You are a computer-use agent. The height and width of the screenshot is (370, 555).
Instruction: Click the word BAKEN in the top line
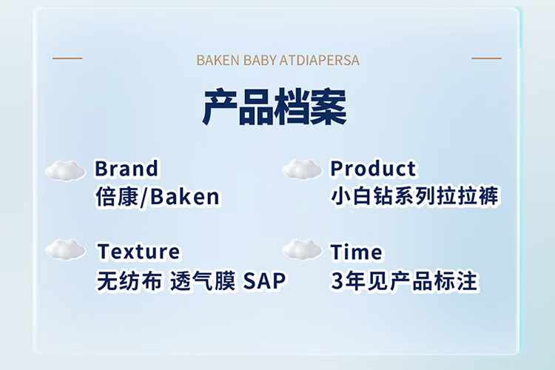tap(218, 60)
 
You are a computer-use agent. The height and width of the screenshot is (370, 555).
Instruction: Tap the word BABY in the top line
tap(260, 60)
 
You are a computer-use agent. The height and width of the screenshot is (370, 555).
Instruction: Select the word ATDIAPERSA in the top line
tap(320, 60)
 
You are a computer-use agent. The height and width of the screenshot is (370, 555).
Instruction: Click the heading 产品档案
tap(275, 107)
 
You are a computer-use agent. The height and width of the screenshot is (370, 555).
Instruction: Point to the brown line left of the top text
tap(67, 58)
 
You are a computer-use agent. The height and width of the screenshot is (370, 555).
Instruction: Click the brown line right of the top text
tap(487, 58)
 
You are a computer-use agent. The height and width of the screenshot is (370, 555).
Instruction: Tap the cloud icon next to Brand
tap(65, 171)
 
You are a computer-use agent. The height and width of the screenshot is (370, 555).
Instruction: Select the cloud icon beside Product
tap(303, 169)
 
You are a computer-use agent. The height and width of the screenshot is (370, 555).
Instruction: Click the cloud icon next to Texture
tap(66, 249)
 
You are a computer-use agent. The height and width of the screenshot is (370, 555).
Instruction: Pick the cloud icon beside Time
tap(303, 249)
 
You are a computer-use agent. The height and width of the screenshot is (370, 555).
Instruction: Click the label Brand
tap(127, 168)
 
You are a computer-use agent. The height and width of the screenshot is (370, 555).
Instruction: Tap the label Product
tap(373, 168)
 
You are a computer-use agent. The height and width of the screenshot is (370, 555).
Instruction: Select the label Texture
tap(138, 252)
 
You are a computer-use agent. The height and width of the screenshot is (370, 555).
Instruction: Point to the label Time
tap(356, 252)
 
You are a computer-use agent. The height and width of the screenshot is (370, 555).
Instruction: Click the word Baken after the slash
tap(185, 197)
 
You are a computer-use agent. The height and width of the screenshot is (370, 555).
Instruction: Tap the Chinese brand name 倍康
tap(117, 197)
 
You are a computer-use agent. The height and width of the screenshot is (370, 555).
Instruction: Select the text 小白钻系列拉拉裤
tap(415, 196)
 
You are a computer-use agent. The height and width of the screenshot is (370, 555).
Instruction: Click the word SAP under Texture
tap(264, 280)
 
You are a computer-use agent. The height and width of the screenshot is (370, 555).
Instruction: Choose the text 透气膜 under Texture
tap(203, 280)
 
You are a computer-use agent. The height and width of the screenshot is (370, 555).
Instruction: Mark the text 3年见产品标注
tap(404, 281)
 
